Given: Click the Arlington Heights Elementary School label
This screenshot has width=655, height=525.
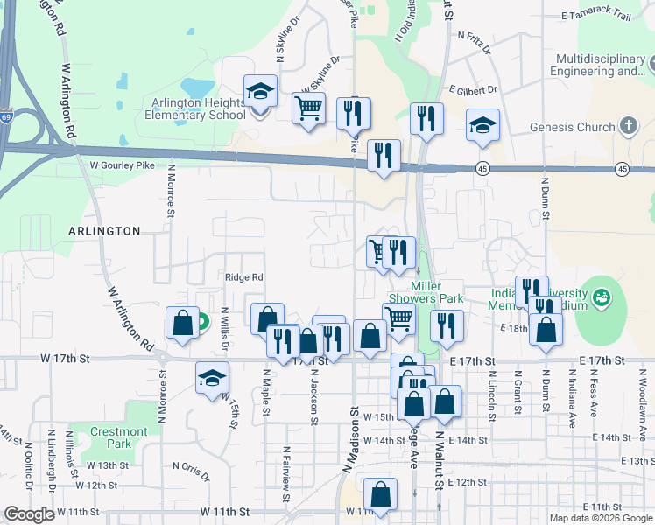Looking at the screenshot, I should coord(195,108).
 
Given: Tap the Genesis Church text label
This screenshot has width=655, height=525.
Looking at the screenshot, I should coord(573,127).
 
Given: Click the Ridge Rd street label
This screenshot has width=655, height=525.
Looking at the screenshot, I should coord(244,277).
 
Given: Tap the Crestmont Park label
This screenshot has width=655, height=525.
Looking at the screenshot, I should coord(120,437).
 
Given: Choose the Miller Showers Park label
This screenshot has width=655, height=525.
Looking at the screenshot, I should coord(437,292).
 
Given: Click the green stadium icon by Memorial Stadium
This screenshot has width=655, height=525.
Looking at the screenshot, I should coord(602,298).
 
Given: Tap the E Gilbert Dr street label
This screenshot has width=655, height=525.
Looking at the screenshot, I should coord(472,90).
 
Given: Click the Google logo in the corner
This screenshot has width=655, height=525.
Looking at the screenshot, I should coord(29,514).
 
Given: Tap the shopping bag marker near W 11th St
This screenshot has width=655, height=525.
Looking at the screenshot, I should coord(381,496).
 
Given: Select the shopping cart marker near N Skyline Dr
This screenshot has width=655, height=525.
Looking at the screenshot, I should coord(308,109).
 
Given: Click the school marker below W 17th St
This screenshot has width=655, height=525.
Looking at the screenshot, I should coord(211,379).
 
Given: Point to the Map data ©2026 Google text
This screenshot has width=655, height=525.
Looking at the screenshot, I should coord(601,518).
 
